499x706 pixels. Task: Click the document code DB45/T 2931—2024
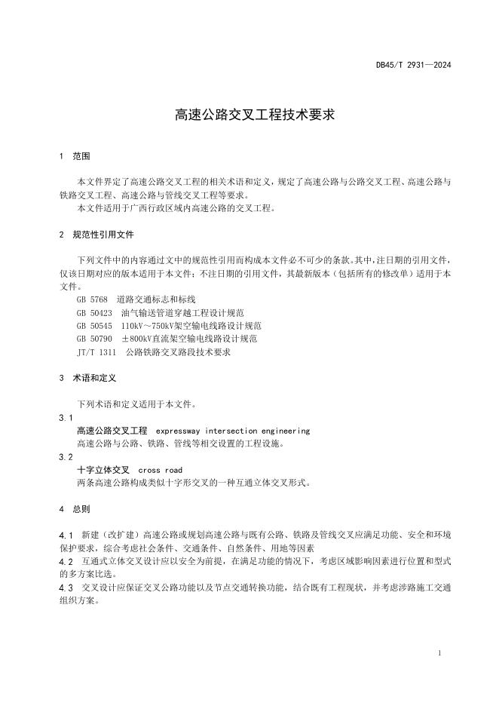click(413, 65)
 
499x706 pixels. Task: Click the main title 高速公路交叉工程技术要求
click(249, 115)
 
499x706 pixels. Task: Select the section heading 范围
click(81, 157)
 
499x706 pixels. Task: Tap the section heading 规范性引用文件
click(103, 235)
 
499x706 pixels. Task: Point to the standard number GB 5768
click(92, 299)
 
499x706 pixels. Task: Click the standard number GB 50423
click(94, 312)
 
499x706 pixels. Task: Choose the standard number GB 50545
click(94, 326)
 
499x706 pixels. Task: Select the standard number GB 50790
click(94, 339)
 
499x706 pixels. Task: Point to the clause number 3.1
click(66, 417)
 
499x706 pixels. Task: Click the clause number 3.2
click(66, 456)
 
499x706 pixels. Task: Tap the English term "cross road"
click(160, 470)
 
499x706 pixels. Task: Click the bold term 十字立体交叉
click(103, 470)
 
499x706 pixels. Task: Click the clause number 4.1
click(66, 535)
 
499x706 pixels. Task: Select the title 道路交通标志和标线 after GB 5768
click(156, 299)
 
